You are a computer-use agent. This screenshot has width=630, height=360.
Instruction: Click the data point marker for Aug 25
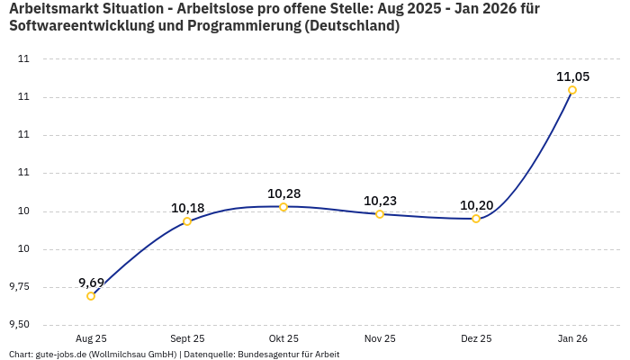pos(91,296)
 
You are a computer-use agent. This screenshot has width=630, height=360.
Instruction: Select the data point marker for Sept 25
pos(187,221)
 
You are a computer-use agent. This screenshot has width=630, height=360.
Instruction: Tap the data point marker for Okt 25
pos(283,207)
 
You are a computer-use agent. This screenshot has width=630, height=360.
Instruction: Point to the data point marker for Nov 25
pos(380,214)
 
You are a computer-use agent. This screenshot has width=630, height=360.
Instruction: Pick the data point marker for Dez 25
pos(476,219)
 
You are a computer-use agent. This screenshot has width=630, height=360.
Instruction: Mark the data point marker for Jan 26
pos(572,90)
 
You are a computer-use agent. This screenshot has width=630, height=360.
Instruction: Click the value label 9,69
pos(91,283)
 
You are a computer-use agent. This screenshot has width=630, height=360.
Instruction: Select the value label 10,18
pos(187,208)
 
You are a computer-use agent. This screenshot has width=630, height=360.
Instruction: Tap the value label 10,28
pos(283,193)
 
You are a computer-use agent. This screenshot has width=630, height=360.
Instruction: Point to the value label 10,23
pos(380,201)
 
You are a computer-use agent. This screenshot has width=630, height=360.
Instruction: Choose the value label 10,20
pos(476,205)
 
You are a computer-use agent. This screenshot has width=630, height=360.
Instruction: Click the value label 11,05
pos(572,76)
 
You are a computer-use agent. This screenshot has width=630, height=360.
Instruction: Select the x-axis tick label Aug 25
pos(91,338)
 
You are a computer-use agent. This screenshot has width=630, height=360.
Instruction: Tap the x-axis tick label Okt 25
pos(283,338)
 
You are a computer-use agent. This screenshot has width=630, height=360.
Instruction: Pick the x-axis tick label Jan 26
pos(572,338)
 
